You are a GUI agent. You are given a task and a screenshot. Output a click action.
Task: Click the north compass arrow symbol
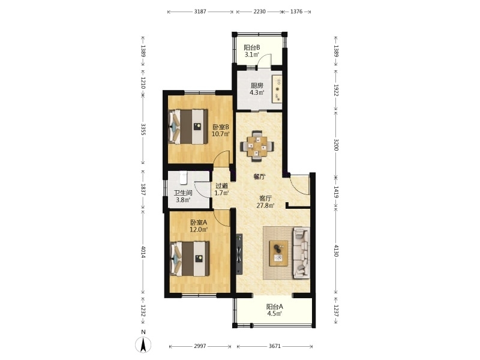pyautogui.click(x=143, y=344)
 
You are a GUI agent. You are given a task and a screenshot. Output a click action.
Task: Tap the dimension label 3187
pyautogui.click(x=200, y=11)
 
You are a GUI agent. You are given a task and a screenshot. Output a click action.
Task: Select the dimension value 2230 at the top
pyautogui.click(x=260, y=11)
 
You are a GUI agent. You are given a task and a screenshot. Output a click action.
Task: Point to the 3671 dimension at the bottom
pyautogui.click(x=275, y=346)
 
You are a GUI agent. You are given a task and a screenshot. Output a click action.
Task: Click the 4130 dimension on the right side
pyautogui.click(x=336, y=251)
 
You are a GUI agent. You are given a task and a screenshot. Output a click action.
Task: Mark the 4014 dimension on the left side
pyautogui.click(x=143, y=251)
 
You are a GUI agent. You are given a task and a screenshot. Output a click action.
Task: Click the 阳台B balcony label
pyautogui.click(x=252, y=47)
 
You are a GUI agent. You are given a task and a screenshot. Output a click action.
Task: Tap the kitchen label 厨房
pyautogui.click(x=257, y=85)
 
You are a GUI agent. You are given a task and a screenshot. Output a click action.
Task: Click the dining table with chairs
pyautogui.click(x=257, y=146)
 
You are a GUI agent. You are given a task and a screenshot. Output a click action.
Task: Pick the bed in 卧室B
pyautogui.click(x=188, y=127)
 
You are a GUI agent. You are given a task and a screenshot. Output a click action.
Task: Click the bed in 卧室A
pyautogui.click(x=190, y=259)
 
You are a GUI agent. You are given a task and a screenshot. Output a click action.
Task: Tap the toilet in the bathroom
pyautogui.click(x=184, y=178)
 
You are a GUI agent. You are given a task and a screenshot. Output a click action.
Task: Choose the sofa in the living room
pyautogui.click(x=301, y=253)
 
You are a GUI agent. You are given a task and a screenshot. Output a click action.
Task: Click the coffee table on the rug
pyautogui.click(x=278, y=253)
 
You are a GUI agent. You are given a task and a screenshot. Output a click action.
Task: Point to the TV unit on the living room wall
pyautogui.click(x=239, y=254)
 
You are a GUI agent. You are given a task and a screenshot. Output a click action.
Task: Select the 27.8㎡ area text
pyautogui.click(x=265, y=205)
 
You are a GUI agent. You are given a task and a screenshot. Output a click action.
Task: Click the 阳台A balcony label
pyautogui.click(x=275, y=307)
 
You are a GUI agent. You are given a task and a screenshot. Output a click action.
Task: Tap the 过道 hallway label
pyautogui.click(x=221, y=186)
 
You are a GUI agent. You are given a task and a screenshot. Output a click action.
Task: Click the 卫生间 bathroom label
pyautogui.click(x=183, y=193)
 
